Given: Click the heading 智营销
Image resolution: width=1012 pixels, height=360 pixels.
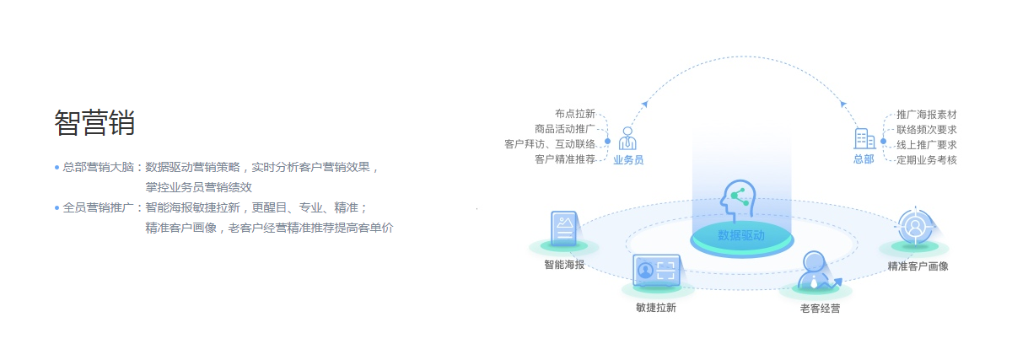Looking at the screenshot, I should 94,123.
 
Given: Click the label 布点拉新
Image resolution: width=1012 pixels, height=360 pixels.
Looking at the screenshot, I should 575,114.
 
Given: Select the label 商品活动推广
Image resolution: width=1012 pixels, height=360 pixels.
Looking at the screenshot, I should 565,129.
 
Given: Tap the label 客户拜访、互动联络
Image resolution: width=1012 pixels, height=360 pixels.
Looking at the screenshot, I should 550,144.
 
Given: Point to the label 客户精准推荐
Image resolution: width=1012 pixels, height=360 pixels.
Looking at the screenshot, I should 565,159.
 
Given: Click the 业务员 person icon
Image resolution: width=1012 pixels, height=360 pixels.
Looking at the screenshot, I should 627,138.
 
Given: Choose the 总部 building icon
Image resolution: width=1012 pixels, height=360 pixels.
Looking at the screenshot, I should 864,138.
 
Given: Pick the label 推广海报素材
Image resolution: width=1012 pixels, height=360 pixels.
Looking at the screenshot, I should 926,114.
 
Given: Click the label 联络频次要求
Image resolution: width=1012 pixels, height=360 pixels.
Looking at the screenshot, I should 926,129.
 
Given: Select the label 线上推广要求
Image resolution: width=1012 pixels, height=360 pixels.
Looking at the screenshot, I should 926,144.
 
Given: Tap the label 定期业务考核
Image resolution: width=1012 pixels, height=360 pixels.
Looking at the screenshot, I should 926,159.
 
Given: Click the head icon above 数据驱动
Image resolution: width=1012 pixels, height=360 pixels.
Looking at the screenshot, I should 739,201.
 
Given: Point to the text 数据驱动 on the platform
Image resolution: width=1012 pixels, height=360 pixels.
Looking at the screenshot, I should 741,235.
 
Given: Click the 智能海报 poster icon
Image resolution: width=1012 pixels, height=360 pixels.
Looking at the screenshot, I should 564,230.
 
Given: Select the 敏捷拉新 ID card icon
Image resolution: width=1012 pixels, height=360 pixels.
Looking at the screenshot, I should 656,270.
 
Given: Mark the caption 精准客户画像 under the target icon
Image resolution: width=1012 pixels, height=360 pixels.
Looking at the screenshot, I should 918,266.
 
